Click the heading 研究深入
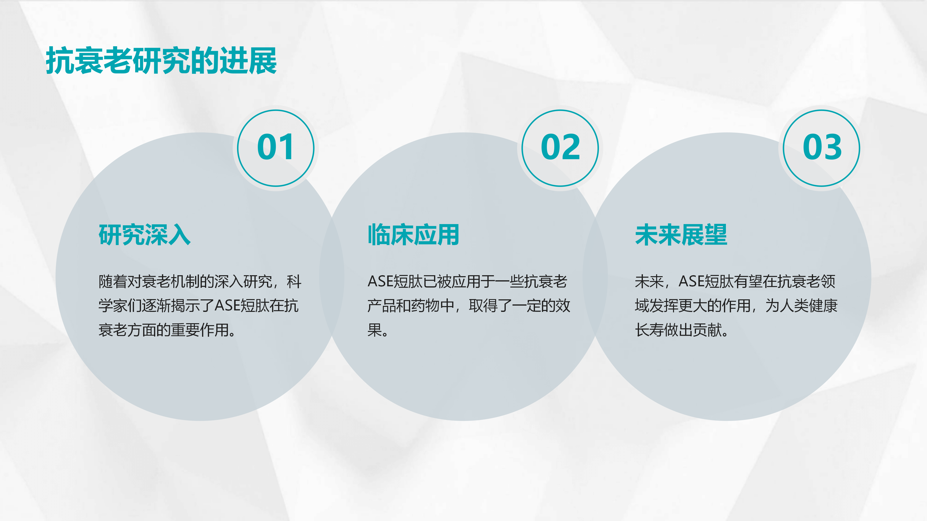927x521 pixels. [x=145, y=235]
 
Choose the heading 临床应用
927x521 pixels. [x=413, y=235]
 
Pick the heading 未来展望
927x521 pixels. [x=681, y=235]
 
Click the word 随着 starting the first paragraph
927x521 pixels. [x=113, y=281]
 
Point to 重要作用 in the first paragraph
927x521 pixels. [x=200, y=330]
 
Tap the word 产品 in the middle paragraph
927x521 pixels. [x=382, y=306]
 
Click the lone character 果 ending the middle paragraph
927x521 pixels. [x=375, y=330]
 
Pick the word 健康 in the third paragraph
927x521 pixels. [x=823, y=306]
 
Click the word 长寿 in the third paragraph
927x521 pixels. [x=650, y=330]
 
